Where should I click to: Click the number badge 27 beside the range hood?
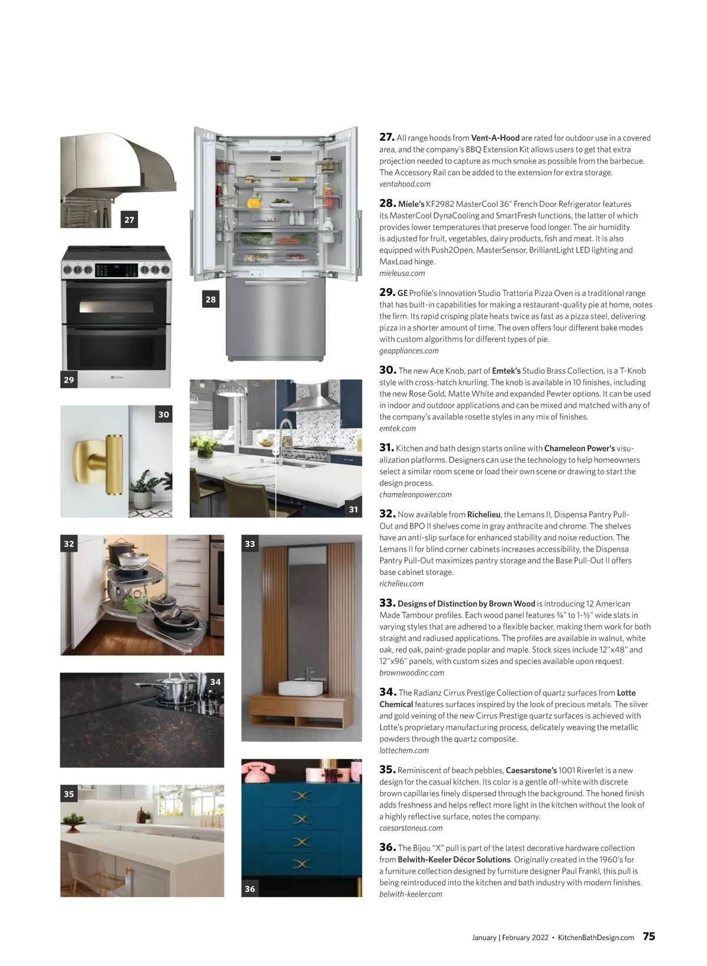coord(129,220)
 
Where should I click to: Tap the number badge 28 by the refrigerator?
coord(210,299)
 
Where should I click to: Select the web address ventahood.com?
coord(405,184)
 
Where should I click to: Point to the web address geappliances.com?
coord(409,351)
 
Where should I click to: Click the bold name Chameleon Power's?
coord(579,449)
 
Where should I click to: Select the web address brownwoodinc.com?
coord(411,672)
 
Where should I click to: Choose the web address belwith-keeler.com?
coord(411,894)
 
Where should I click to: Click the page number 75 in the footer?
coord(649,937)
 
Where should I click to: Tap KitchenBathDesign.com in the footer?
coord(596,938)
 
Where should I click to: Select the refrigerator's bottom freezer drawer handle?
coord(276,285)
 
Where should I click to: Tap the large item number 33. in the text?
coord(386,603)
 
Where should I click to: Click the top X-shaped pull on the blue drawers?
coord(302,797)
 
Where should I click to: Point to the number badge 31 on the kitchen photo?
coord(353,509)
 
